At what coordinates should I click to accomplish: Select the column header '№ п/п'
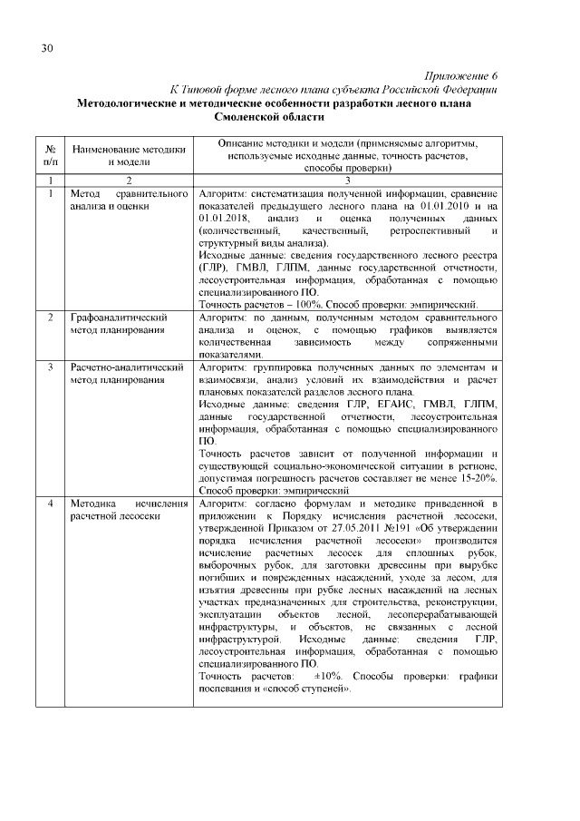click(x=51, y=154)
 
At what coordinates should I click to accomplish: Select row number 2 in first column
click(x=51, y=318)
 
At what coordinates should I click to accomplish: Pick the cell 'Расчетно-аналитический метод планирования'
click(x=121, y=374)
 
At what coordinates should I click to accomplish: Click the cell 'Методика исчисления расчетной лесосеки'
click(x=115, y=510)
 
